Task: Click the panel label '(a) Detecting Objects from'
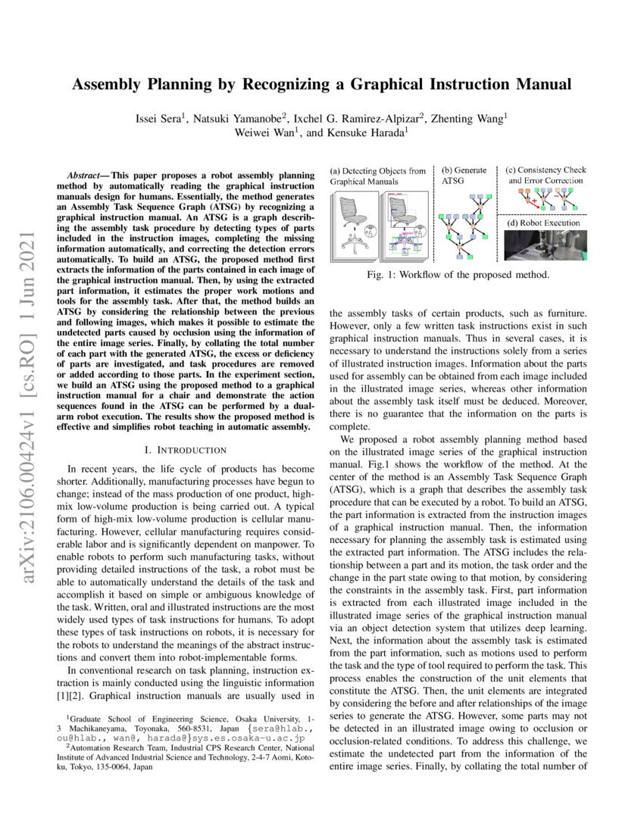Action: (x=377, y=170)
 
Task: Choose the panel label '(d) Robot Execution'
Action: (x=545, y=223)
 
